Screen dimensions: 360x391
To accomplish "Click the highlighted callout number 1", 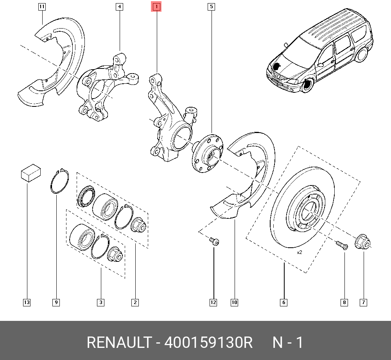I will pyautogui.click(x=156, y=7).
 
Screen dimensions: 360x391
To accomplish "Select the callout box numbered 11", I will pyautogui.click(x=42, y=7).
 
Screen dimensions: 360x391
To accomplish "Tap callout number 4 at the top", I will pyautogui.click(x=119, y=7).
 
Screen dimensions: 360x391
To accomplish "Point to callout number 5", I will pyautogui.click(x=211, y=7).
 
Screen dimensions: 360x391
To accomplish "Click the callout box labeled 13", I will pyautogui.click(x=27, y=302).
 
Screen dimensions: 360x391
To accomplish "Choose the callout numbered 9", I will pyautogui.click(x=56, y=302).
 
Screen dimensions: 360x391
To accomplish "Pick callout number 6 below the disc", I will pyautogui.click(x=283, y=302).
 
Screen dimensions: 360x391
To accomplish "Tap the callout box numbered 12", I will pyautogui.click(x=213, y=302).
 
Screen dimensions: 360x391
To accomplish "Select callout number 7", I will pyautogui.click(x=363, y=302).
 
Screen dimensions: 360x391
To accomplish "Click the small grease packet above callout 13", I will pyautogui.click(x=31, y=173).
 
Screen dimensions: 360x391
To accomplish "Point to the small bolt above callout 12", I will pyautogui.click(x=214, y=241).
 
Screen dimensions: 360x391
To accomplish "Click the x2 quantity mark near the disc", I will pyautogui.click(x=300, y=252).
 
